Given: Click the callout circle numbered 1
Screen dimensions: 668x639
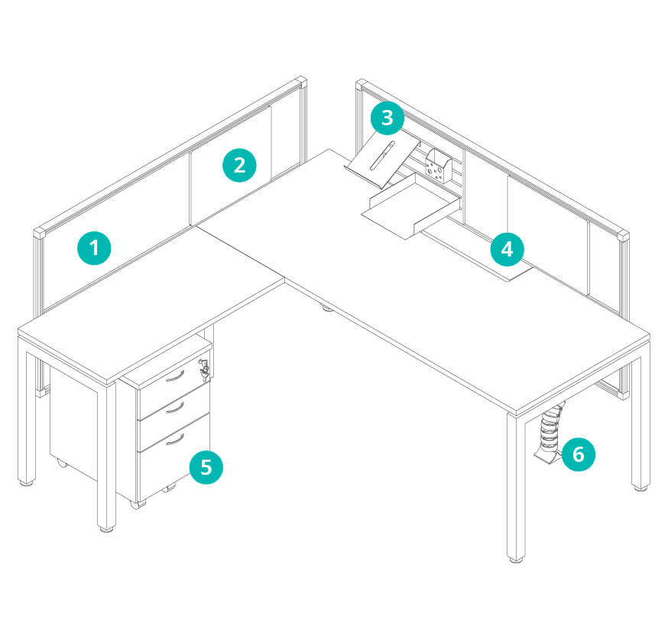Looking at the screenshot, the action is point(94,248).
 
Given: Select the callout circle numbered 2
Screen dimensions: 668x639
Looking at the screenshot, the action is point(239,165).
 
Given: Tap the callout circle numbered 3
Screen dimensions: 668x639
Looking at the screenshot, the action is point(388,118).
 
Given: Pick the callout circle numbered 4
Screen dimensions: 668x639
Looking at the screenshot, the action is point(507,250).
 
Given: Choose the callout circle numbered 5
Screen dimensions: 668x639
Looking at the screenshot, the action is point(206,467).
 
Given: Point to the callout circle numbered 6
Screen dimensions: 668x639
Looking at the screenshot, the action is point(578,454).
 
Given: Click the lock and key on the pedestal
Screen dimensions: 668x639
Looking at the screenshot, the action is point(204,368).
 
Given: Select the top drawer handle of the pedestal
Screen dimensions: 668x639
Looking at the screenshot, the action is point(175,377).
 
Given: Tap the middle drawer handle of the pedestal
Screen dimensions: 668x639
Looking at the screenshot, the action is point(175,408).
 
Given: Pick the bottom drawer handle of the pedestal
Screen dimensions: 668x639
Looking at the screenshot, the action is point(175,440).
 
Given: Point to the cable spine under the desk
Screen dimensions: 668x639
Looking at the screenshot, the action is point(550,434).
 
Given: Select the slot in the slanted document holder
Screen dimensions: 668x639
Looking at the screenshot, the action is point(383,155).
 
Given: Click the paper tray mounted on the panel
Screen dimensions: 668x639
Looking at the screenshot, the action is point(411,206).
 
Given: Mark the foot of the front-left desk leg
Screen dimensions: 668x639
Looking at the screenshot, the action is point(107,529).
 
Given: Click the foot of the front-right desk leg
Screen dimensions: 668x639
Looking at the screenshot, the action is point(516,559).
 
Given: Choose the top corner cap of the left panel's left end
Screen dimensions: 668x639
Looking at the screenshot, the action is point(40,233).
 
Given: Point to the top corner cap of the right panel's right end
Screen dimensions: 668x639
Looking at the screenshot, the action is point(623,236).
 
